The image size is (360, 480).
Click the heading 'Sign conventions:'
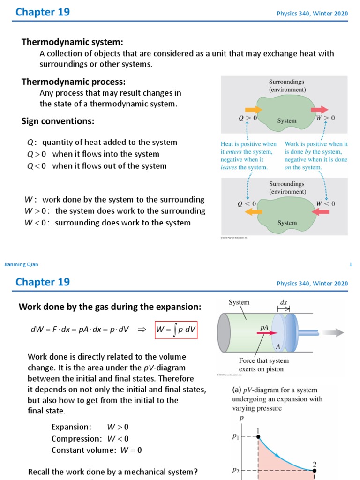[58, 121]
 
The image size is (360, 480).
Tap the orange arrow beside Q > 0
[253, 110]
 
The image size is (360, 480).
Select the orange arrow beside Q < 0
[254, 212]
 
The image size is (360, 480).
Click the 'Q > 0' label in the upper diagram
[248, 118]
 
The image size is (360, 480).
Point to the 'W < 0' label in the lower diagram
[325, 203]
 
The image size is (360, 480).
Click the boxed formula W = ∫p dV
[176, 331]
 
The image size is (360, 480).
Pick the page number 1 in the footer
[350, 264]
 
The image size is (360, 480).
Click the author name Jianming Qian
[21, 264]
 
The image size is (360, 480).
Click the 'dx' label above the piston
[284, 303]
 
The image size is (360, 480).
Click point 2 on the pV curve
[315, 470]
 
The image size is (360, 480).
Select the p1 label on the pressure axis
[235, 436]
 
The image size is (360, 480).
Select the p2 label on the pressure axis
[235, 470]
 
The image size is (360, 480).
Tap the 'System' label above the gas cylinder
[239, 302]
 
